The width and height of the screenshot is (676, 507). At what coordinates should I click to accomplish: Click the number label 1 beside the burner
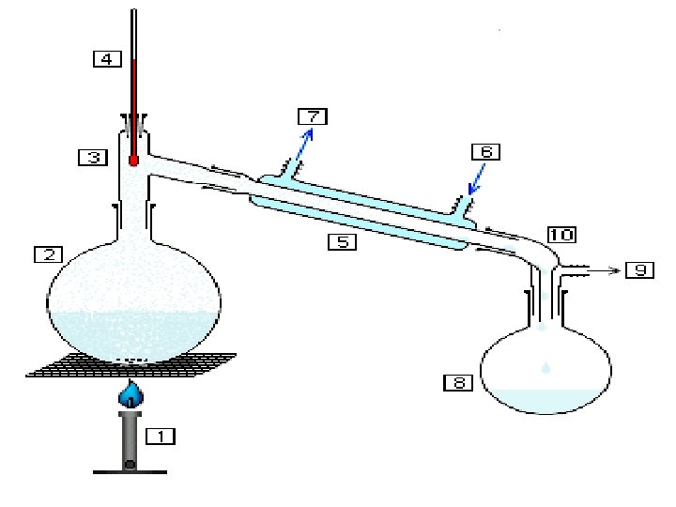pos(161,436)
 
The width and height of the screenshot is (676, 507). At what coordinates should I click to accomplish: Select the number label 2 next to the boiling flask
pos(48,254)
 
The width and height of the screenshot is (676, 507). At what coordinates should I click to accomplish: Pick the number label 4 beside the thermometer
pos(107,58)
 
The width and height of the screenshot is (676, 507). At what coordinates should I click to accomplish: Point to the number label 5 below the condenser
pos(342,241)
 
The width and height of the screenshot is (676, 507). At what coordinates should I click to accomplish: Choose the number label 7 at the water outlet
pos(312,116)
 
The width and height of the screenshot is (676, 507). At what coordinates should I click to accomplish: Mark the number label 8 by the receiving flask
pos(457,382)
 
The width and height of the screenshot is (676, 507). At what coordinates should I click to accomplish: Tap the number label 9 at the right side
pos(639,270)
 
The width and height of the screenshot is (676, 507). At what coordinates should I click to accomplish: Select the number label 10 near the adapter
pos(561,234)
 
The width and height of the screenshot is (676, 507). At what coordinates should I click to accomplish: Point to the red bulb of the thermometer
pos(133,161)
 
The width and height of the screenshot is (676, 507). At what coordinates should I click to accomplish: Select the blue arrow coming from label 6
pos(477,179)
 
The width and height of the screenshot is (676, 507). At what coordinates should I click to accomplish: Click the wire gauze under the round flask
pos(132,365)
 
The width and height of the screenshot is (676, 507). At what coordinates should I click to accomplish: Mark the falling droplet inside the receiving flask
pos(545,367)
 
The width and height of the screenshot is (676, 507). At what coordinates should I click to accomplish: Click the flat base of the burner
pos(131,470)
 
